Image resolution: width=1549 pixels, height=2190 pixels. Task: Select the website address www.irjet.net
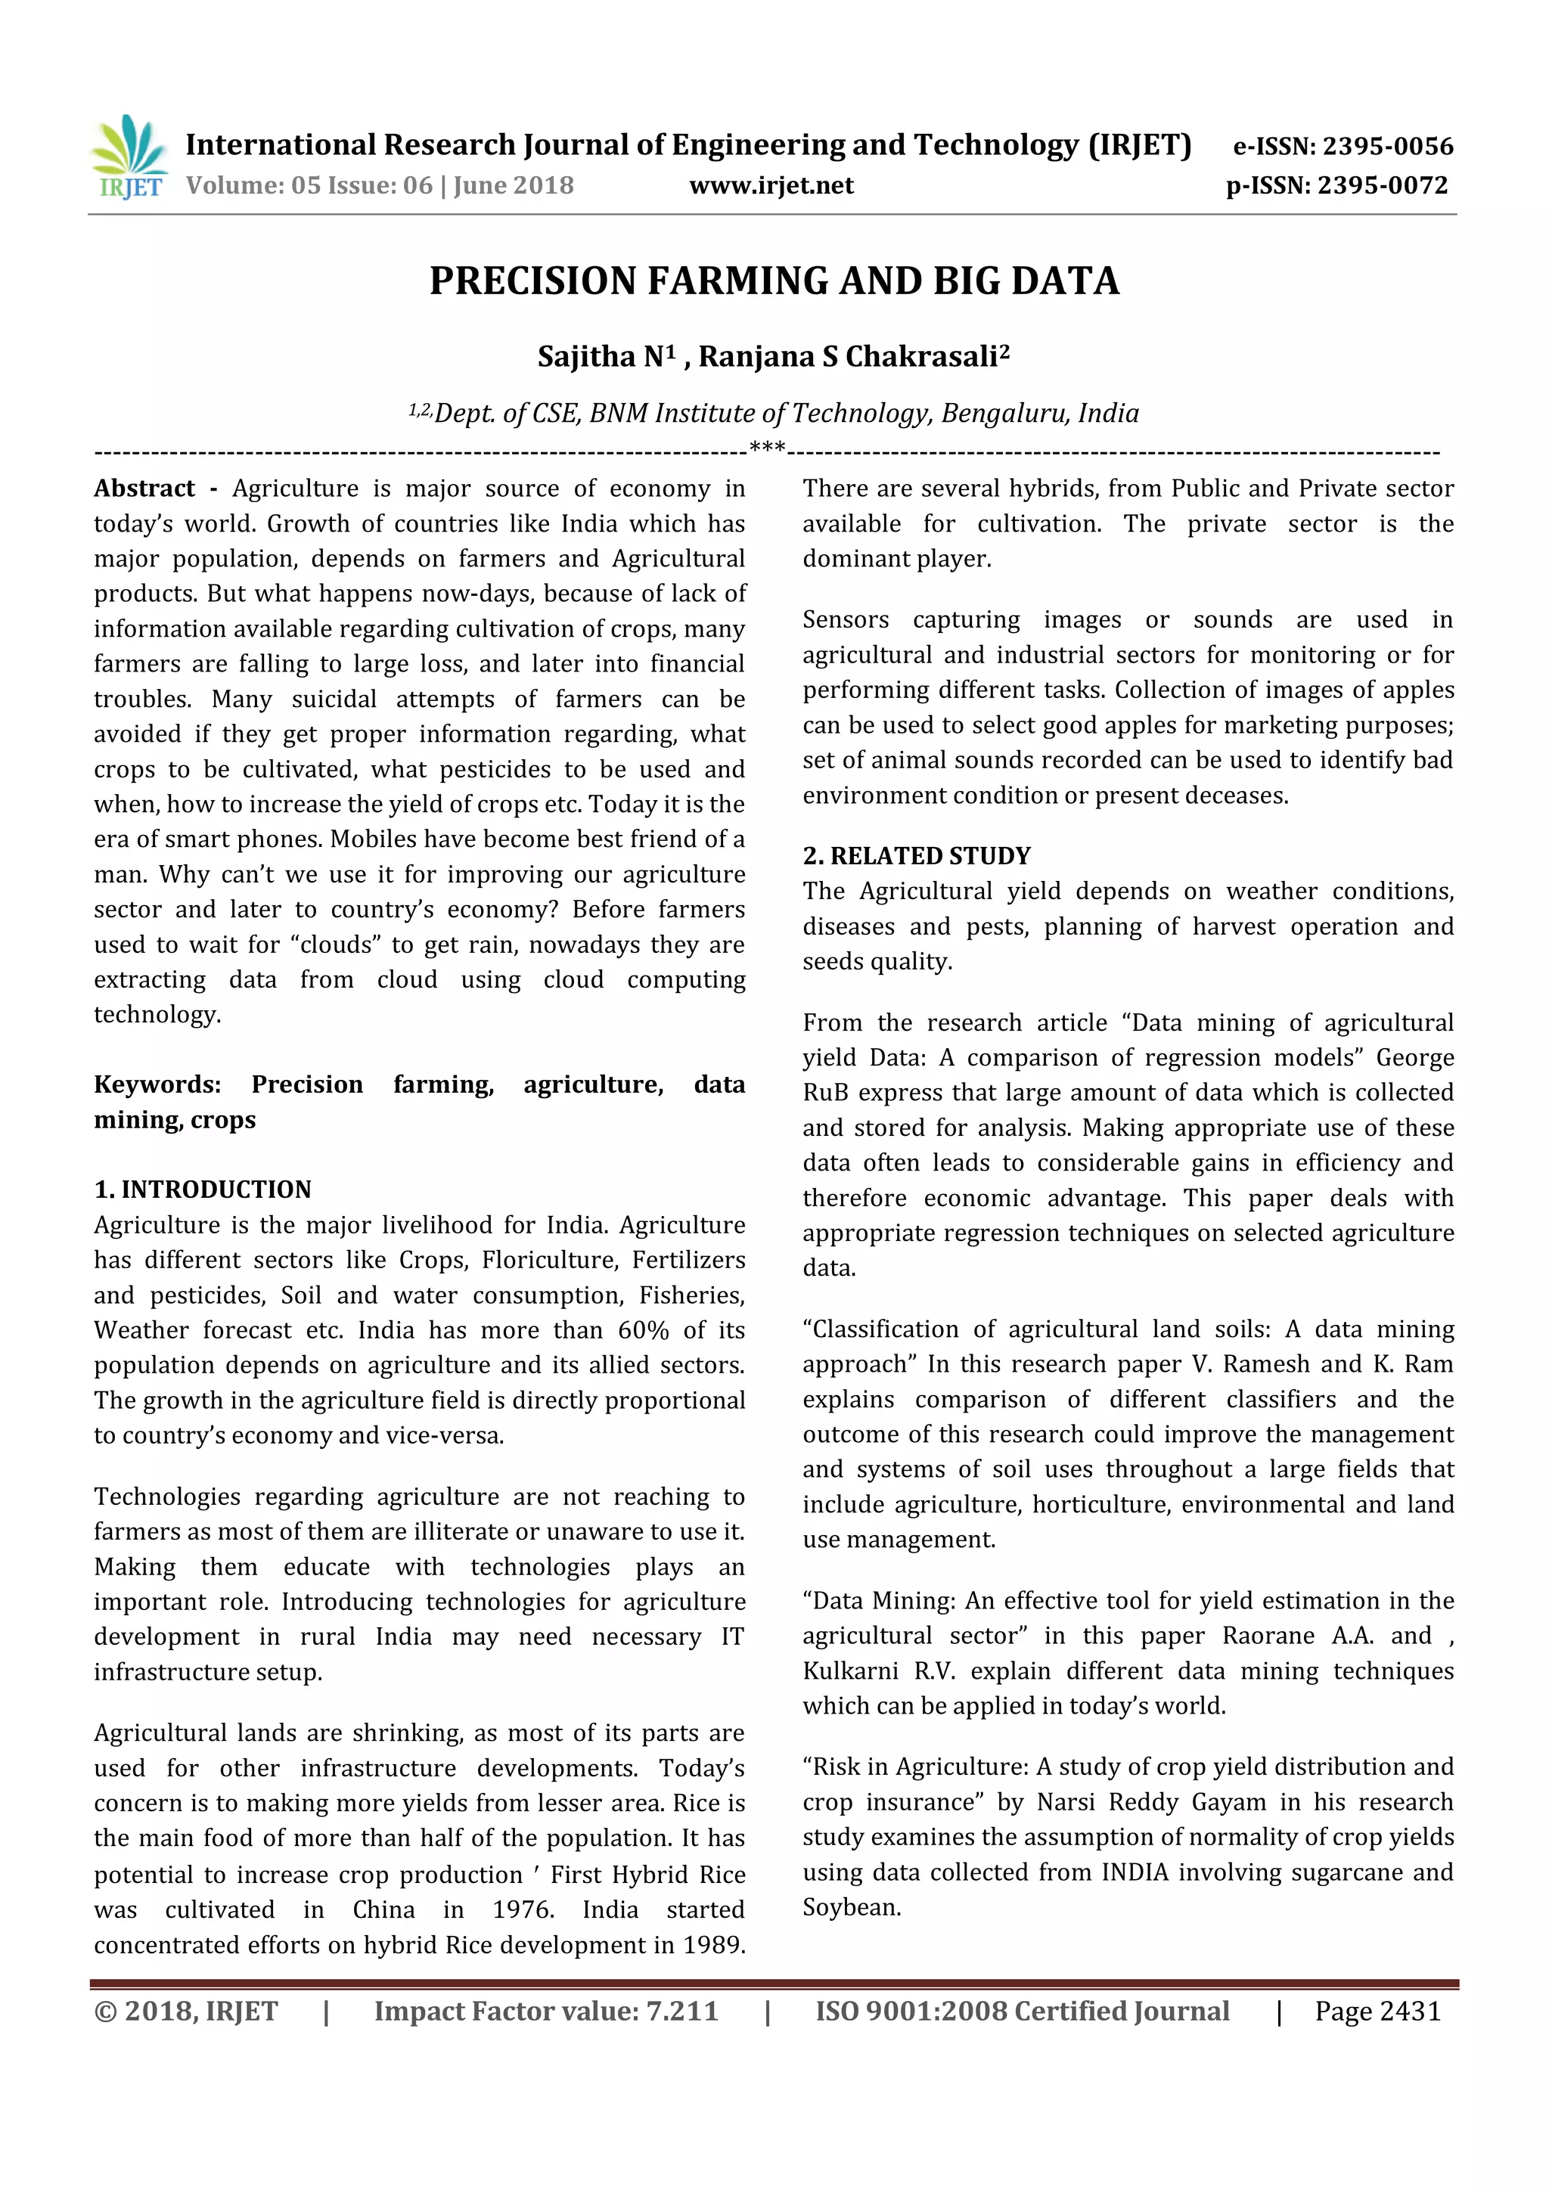pyautogui.click(x=771, y=185)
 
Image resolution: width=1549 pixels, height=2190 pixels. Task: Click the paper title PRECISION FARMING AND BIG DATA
pyautogui.click(x=774, y=281)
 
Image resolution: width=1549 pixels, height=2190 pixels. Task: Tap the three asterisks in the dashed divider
pyautogui.click(x=767, y=448)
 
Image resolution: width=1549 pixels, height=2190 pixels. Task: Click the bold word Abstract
pyautogui.click(x=144, y=489)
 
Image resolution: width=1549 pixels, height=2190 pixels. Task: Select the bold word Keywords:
pyautogui.click(x=157, y=1084)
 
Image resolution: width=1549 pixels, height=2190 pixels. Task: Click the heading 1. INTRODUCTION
pyautogui.click(x=202, y=1190)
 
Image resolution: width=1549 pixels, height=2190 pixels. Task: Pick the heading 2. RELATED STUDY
pyautogui.click(x=917, y=855)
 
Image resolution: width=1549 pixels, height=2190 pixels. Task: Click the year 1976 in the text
pyautogui.click(x=523, y=1909)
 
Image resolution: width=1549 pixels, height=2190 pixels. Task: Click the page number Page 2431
pyautogui.click(x=1377, y=2012)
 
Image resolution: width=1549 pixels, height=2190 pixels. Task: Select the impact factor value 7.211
pyautogui.click(x=682, y=2012)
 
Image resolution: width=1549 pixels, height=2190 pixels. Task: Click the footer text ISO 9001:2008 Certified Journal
pyautogui.click(x=1022, y=2012)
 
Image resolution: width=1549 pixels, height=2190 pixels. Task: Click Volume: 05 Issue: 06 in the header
pyautogui.click(x=309, y=185)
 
